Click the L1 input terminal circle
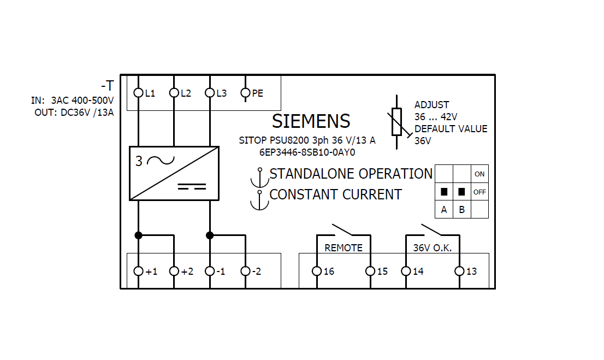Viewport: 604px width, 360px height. pyautogui.click(x=138, y=93)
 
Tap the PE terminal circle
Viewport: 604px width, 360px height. pyautogui.click(x=245, y=93)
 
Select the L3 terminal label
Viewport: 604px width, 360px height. pyautogui.click(x=221, y=93)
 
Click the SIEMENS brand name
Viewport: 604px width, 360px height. pyautogui.click(x=311, y=121)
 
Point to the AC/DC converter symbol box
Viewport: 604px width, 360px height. pyautogui.click(x=174, y=173)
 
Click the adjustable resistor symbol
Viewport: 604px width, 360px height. pyautogui.click(x=397, y=121)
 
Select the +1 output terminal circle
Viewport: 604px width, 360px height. pyautogui.click(x=138, y=271)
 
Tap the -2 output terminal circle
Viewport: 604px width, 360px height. pyautogui.click(x=245, y=271)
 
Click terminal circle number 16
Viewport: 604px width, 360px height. pyautogui.click(x=317, y=271)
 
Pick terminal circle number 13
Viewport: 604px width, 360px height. pyautogui.click(x=459, y=271)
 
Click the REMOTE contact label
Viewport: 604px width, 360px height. pyautogui.click(x=344, y=248)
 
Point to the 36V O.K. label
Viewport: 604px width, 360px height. pyautogui.click(x=433, y=248)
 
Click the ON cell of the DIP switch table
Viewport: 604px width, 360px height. pyautogui.click(x=479, y=174)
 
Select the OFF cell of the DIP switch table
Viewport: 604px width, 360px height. pyautogui.click(x=479, y=192)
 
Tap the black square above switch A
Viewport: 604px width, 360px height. pyautogui.click(x=444, y=192)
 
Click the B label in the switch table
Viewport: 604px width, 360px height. pyautogui.click(x=461, y=210)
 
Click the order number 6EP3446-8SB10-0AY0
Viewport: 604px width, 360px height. pyautogui.click(x=307, y=152)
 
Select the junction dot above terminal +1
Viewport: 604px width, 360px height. pyautogui.click(x=138, y=235)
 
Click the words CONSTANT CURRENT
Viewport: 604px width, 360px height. pyautogui.click(x=335, y=194)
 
